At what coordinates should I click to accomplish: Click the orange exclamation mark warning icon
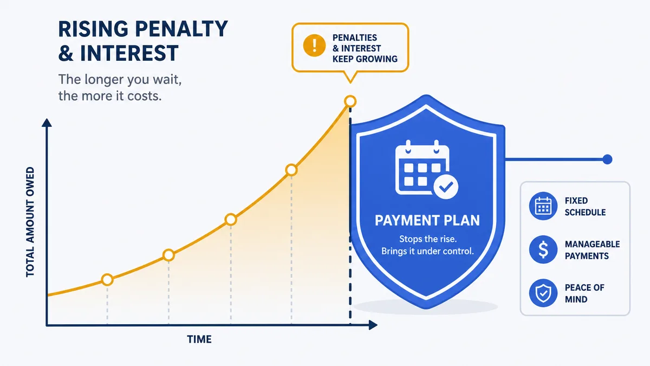pos(314,46)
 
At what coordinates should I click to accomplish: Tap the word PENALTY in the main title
pos(181,29)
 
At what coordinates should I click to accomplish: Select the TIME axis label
pos(199,339)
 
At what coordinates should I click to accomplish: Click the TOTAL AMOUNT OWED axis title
pos(30,222)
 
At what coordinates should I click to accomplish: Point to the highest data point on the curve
pos(350,101)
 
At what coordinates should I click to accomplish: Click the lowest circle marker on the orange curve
pos(107,280)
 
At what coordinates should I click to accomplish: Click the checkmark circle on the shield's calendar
pos(446,187)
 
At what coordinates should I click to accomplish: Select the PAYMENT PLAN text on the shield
pos(427,221)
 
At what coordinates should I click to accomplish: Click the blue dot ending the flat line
pos(607,159)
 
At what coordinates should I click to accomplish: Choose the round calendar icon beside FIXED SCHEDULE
pos(543,206)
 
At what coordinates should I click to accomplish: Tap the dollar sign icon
pos(543,249)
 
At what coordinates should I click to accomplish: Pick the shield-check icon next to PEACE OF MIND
pos(543,293)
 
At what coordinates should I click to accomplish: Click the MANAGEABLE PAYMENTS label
pos(592,250)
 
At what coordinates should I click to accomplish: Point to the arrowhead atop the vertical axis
pos(47,123)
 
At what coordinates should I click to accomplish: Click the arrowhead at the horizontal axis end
pos(373,325)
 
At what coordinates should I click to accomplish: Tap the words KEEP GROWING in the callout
pos(365,59)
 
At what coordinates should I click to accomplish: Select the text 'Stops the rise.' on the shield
pos(428,239)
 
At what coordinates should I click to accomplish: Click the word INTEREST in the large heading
pos(129,53)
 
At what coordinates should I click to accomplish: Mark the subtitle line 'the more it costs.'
pos(109,96)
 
